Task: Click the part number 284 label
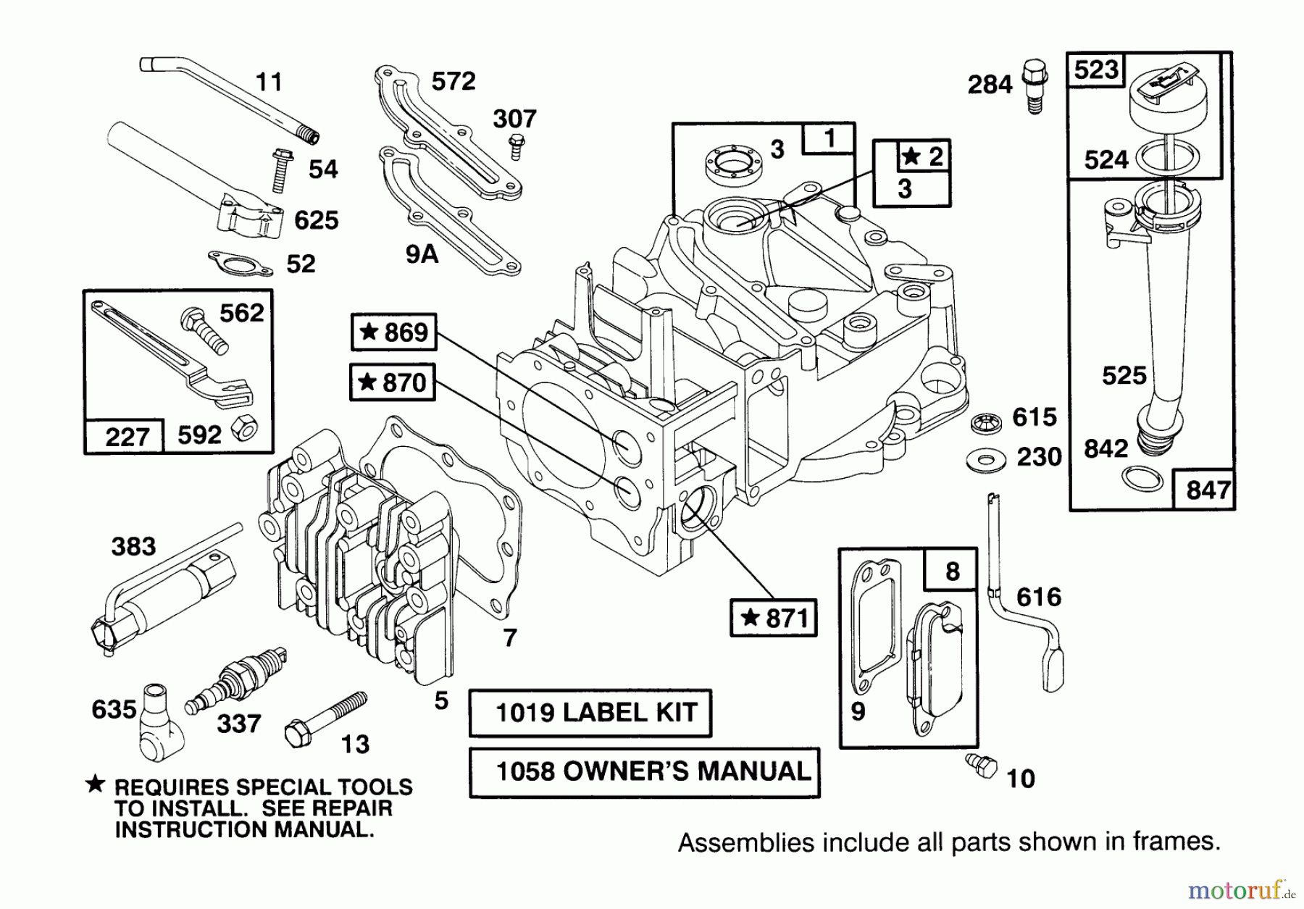coord(990,85)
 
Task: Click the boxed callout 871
coord(774,618)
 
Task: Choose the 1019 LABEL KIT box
coord(590,713)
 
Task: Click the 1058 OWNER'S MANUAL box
coord(644,772)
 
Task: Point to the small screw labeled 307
coord(516,147)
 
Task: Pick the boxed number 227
coord(126,437)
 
